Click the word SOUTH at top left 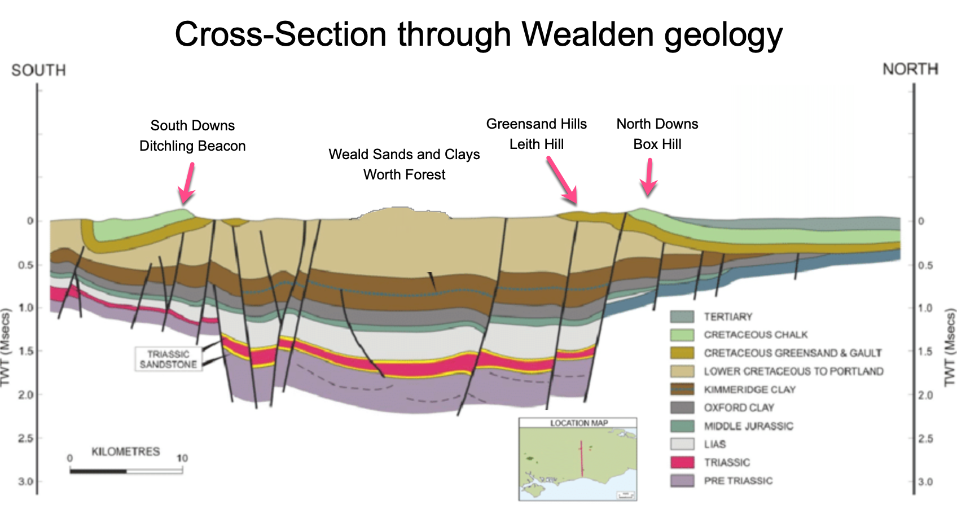click(38, 70)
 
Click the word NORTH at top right click(910, 69)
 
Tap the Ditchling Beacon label click(192, 146)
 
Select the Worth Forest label click(404, 174)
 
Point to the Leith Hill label click(536, 144)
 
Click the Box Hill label click(657, 144)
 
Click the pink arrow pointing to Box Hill click(649, 177)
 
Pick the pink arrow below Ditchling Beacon click(187, 184)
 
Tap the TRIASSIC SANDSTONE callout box click(168, 359)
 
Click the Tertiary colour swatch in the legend click(682, 317)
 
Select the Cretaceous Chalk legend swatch click(682, 335)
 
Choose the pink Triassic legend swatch click(682, 462)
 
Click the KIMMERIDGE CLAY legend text click(749, 389)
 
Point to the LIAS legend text click(714, 444)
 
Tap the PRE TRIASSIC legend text click(738, 481)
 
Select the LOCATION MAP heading click(578, 423)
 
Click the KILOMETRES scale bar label click(125, 451)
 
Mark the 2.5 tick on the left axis click(26, 438)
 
